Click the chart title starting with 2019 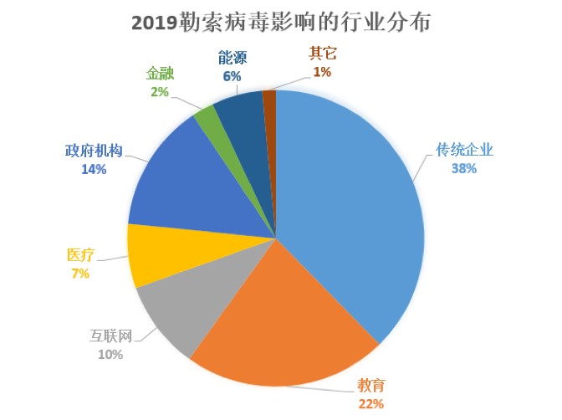click(x=281, y=23)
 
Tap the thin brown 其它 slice click(x=269, y=100)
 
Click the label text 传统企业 click(x=466, y=151)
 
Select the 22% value click(x=370, y=404)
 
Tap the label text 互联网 click(x=111, y=336)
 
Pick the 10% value click(x=111, y=355)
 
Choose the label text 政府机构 click(x=95, y=151)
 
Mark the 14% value click(x=94, y=170)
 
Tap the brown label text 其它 click(x=322, y=54)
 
